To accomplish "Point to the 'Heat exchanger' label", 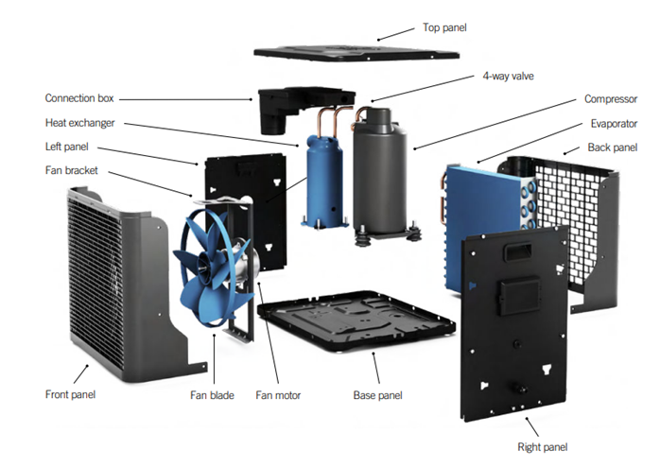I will [x=80, y=123].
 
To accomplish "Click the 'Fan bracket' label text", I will [x=72, y=170].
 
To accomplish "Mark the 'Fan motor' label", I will [x=278, y=394].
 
